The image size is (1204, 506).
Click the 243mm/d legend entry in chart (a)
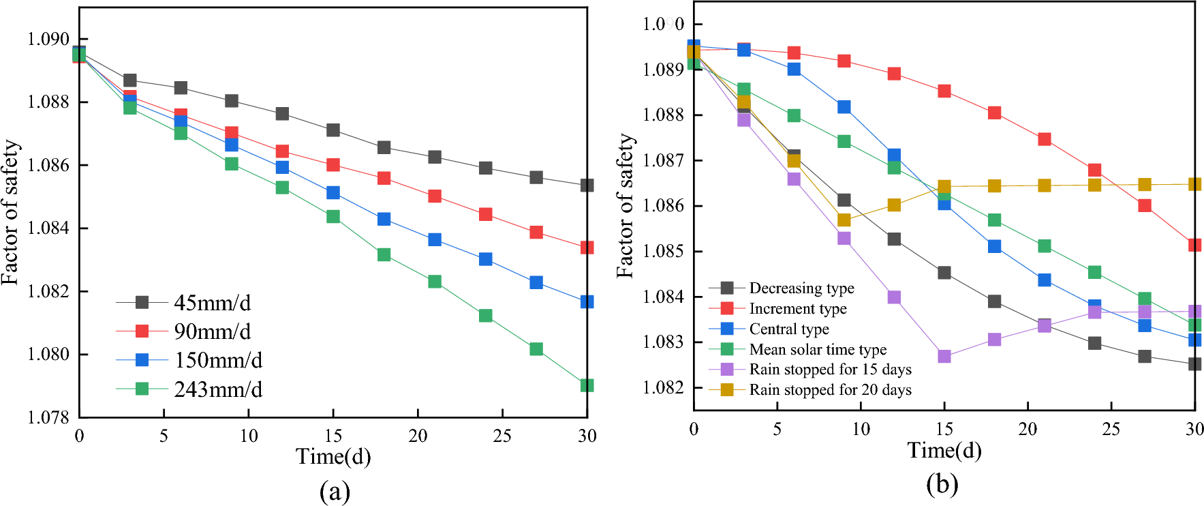pyautogui.click(x=217, y=389)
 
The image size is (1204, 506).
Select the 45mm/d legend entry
pyautogui.click(x=212, y=302)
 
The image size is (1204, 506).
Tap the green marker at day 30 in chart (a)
pyautogui.click(x=587, y=385)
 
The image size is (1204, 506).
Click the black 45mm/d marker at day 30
pyautogui.click(x=587, y=185)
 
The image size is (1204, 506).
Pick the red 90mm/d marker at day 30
pyautogui.click(x=587, y=248)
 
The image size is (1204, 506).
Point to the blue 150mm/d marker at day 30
pyautogui.click(x=587, y=301)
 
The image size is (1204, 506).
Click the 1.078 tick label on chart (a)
pyautogui.click(x=48, y=417)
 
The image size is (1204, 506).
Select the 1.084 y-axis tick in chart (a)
pyautogui.click(x=48, y=228)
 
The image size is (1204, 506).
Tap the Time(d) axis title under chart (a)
pyautogui.click(x=333, y=456)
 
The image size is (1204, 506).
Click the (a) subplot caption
pyautogui.click(x=334, y=491)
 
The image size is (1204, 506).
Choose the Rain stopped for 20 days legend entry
pyautogui.click(x=830, y=389)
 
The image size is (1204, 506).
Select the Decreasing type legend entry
pyautogui.click(x=801, y=288)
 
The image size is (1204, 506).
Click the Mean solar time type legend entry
pyautogui.click(x=818, y=349)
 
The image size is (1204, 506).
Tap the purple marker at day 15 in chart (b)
pyautogui.click(x=944, y=356)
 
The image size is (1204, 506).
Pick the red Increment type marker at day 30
pyautogui.click(x=1194, y=245)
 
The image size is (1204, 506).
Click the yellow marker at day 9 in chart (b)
pyautogui.click(x=844, y=220)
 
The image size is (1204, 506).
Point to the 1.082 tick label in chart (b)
pyautogui.click(x=663, y=387)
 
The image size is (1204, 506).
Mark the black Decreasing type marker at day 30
pyautogui.click(x=1194, y=364)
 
